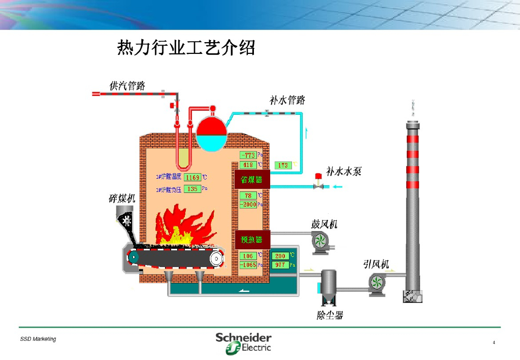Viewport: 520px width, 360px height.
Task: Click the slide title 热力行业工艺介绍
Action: [186, 48]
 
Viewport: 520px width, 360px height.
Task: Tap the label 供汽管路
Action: [127, 85]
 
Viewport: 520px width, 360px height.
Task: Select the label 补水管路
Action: [287, 100]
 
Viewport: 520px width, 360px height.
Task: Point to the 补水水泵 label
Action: [344, 172]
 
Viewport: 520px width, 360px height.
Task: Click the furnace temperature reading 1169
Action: [192, 177]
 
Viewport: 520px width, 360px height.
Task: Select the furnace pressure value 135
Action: [192, 189]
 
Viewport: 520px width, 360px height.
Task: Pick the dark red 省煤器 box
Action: [251, 180]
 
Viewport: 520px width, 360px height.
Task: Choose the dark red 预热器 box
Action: [251, 239]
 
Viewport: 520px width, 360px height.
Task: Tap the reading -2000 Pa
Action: [248, 205]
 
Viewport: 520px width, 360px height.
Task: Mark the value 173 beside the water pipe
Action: [283, 166]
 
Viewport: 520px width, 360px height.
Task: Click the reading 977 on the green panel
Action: [280, 265]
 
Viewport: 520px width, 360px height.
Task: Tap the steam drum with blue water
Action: [212, 133]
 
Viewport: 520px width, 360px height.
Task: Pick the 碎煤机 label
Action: [122, 198]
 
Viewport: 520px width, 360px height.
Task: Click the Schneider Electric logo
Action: [243, 342]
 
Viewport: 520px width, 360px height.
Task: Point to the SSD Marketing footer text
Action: [38, 339]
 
